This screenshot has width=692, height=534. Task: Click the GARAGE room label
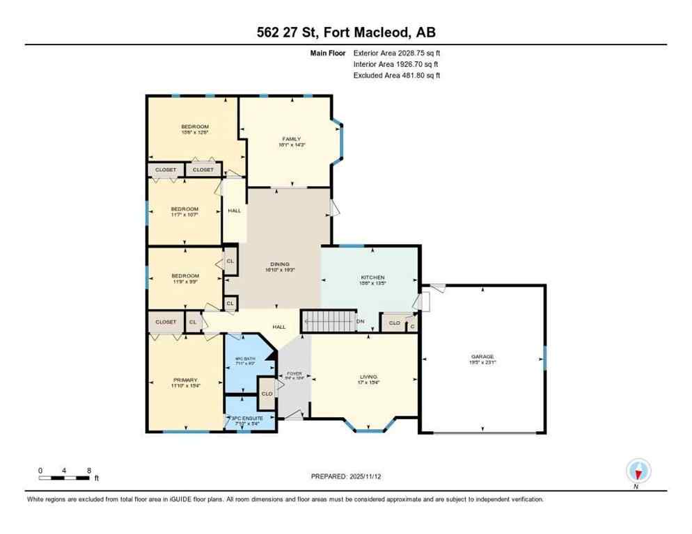click(482, 357)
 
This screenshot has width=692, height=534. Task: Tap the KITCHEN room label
click(372, 277)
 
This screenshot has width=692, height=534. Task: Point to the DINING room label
click(279, 264)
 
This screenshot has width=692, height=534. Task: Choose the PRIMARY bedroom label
click(185, 380)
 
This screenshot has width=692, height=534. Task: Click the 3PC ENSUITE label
click(249, 417)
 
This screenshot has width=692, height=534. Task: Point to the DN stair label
click(361, 321)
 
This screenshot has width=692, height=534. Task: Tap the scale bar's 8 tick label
click(89, 470)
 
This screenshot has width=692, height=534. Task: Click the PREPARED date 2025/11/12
click(345, 476)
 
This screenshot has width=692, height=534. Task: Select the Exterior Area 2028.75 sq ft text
click(397, 52)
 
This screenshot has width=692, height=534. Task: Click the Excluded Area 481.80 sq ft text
click(397, 75)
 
